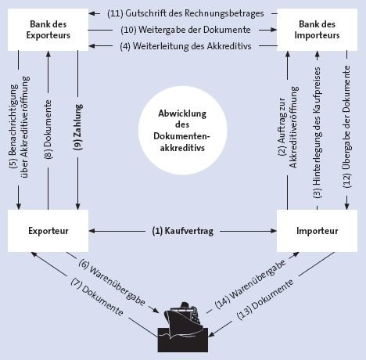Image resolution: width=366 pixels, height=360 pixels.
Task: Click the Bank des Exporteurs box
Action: pos(48,30)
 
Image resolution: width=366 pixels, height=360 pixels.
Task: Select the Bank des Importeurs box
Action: pos(317,30)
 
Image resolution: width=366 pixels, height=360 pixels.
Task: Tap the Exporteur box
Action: pos(48,231)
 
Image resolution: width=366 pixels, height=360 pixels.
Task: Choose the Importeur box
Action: pos(317,231)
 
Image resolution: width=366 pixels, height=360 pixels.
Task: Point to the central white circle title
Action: pos(182,131)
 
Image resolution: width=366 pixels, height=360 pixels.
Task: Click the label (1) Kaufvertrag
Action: pos(183,231)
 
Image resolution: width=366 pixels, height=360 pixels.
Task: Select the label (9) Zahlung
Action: pos(77,127)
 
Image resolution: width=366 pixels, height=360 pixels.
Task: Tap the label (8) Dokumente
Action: pos(48,130)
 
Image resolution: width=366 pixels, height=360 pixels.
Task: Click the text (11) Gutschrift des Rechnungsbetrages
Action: pos(185,13)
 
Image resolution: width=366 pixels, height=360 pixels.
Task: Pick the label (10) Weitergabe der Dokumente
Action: pos(185,30)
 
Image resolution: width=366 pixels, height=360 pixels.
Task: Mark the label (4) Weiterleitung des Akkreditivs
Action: pos(185,46)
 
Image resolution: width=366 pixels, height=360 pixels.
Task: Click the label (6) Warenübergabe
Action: pos(112,283)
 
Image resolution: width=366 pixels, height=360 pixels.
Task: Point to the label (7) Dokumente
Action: pos(97,297)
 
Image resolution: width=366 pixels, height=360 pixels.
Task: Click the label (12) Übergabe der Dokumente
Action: pos(346,127)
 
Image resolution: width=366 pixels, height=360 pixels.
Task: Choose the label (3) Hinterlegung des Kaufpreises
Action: pos(318,132)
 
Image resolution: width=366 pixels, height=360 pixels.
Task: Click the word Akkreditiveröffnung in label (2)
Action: pos(293,128)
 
